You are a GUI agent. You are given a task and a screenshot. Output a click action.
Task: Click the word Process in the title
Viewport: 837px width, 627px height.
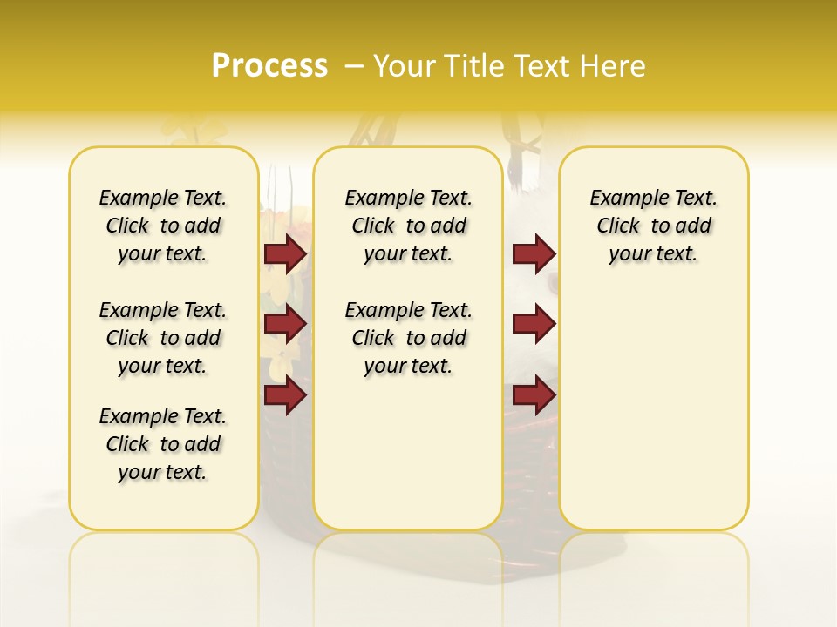tap(269, 66)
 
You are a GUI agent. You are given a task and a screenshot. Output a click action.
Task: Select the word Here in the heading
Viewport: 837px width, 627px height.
tap(614, 66)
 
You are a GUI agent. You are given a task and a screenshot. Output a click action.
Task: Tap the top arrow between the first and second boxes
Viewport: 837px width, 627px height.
tap(285, 254)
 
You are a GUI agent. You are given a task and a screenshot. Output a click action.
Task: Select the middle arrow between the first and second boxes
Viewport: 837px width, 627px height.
tap(285, 325)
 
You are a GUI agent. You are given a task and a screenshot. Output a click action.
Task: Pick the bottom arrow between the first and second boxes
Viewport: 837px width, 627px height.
tap(285, 396)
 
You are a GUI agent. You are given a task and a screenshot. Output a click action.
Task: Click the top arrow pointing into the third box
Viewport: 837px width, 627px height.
tap(534, 254)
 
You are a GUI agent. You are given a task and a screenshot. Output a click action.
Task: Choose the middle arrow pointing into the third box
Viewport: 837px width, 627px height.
tap(534, 325)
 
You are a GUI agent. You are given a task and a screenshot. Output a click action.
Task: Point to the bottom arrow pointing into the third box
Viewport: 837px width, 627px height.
tap(534, 396)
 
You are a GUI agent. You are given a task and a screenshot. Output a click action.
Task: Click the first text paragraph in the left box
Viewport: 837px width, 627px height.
tap(163, 226)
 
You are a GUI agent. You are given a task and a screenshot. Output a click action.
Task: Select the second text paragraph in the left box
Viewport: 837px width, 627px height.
tap(163, 338)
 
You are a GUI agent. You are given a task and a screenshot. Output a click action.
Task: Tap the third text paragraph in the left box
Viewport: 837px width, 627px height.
tap(163, 444)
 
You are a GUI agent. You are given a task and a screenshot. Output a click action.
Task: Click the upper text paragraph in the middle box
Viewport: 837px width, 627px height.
tap(408, 226)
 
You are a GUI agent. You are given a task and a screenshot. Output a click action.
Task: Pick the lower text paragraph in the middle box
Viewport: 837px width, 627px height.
tap(408, 338)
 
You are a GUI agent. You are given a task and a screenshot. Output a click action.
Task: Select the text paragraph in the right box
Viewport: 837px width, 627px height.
tap(653, 226)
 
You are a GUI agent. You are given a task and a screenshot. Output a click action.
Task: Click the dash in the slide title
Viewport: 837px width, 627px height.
tap(353, 66)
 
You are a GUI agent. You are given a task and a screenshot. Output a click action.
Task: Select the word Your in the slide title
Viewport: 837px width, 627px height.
tap(404, 66)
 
